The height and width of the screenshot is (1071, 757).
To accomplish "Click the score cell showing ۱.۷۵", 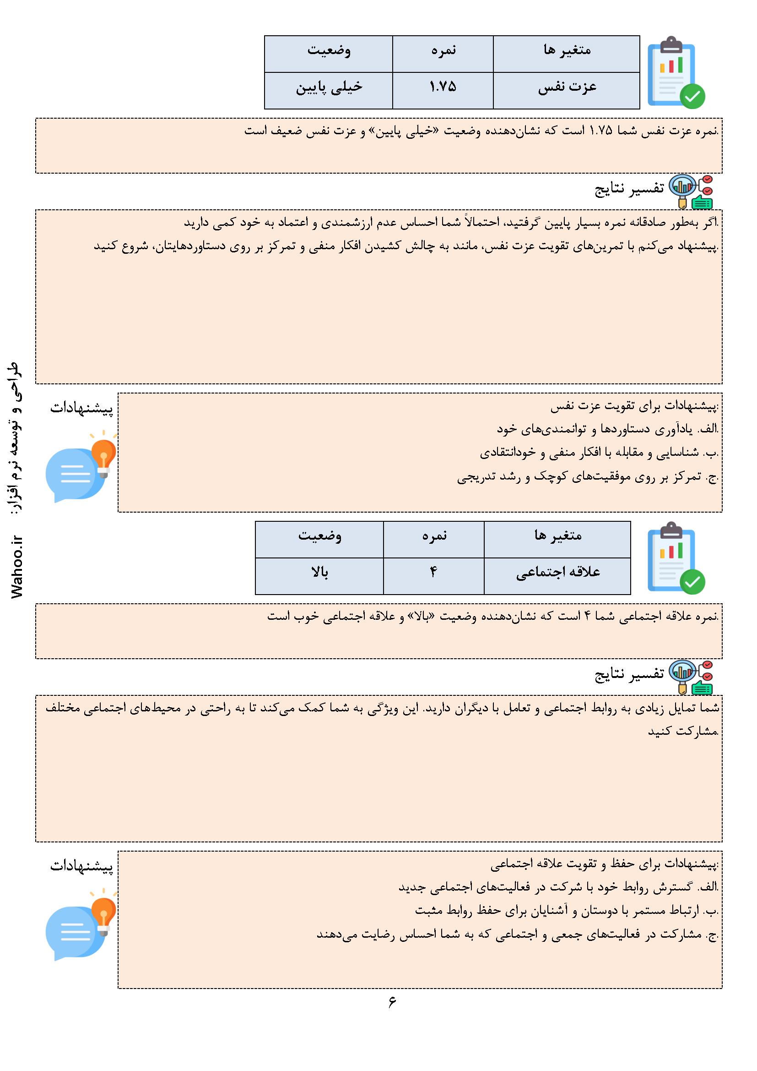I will (443, 87).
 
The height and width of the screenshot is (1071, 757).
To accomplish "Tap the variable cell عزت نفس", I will (567, 87).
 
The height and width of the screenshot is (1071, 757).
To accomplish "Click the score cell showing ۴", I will (433, 572).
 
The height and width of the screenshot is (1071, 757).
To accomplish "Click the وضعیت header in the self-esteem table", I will (329, 50).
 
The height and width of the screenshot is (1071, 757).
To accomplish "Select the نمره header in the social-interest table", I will (434, 536).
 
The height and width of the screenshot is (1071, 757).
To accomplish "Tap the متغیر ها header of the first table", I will (567, 50).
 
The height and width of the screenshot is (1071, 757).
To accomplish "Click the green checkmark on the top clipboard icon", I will (692, 96).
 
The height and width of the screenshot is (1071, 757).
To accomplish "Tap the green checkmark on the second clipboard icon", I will (692, 582).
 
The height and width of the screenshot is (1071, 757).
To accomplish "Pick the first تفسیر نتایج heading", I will (629, 189).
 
